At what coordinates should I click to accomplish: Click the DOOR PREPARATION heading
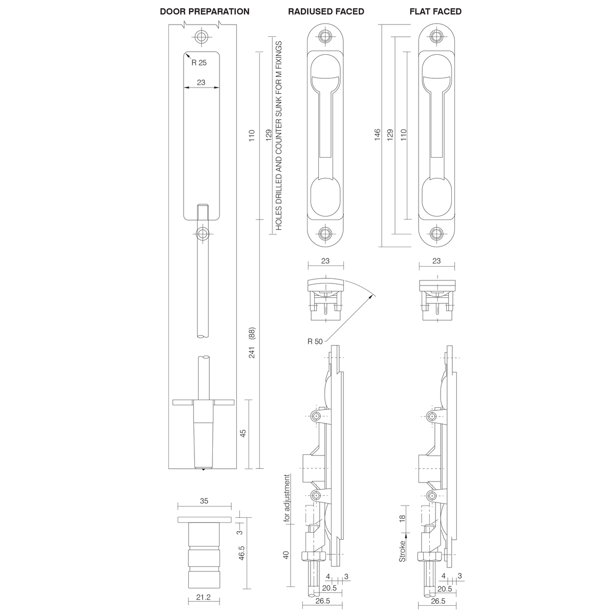coord(205,11)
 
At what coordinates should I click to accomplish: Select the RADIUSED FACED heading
coord(326,11)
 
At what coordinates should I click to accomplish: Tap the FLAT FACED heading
coord(435,11)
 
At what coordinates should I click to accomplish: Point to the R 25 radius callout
coord(199,62)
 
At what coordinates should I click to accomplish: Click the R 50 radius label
coord(315,341)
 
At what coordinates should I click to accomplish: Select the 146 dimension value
coord(378,135)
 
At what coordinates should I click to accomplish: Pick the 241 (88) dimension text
coord(252,343)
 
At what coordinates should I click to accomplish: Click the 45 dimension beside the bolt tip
coord(243,432)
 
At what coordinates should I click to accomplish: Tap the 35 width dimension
coord(204,501)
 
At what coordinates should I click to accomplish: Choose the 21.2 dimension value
coord(204,598)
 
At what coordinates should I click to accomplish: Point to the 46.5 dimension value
coord(243,553)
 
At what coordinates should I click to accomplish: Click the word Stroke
coord(403,551)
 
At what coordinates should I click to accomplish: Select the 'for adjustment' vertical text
coord(287,498)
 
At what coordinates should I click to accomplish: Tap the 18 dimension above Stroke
coord(403,518)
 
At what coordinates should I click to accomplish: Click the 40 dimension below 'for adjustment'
coord(287,555)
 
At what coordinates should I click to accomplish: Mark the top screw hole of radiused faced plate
coord(325,36)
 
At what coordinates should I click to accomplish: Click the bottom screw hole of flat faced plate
coord(436,234)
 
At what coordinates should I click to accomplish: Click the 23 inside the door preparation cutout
coord(201,82)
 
